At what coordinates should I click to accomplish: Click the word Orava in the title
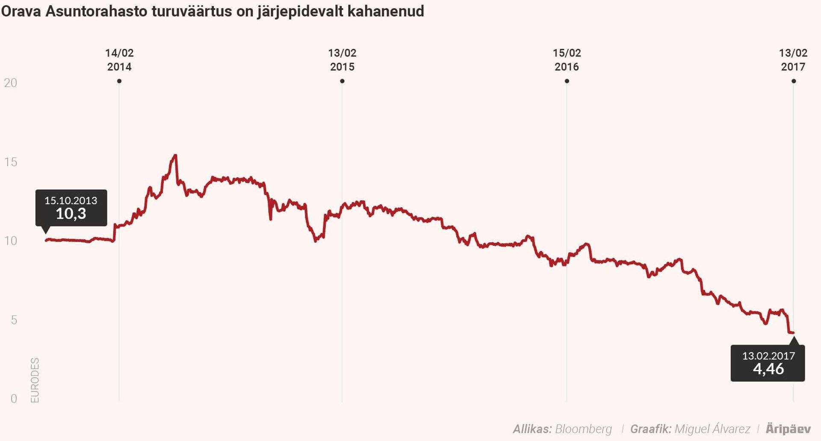tap(21, 12)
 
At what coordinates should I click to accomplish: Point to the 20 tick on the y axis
tap(11, 83)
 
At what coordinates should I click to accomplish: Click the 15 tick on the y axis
tap(11, 162)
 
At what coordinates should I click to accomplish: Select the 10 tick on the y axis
tap(11, 241)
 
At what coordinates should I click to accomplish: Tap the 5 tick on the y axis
tap(14, 320)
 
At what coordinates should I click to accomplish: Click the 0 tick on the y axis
tap(14, 399)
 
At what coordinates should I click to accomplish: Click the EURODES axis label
tap(35, 380)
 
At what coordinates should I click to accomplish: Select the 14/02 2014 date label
tap(119, 60)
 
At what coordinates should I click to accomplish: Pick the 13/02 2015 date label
tap(342, 60)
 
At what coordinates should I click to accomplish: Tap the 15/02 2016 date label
tap(567, 60)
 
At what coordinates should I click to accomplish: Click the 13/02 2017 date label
tap(793, 60)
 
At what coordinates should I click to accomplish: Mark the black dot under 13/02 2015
tap(342, 81)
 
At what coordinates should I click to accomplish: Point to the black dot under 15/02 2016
tap(567, 81)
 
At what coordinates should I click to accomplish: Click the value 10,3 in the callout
tap(71, 214)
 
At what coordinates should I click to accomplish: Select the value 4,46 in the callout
tap(768, 369)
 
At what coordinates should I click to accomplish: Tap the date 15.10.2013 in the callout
tap(71, 200)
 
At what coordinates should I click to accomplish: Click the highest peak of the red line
tap(175, 155)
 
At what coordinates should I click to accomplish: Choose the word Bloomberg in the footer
tap(583, 429)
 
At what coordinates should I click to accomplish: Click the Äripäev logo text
tap(788, 429)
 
